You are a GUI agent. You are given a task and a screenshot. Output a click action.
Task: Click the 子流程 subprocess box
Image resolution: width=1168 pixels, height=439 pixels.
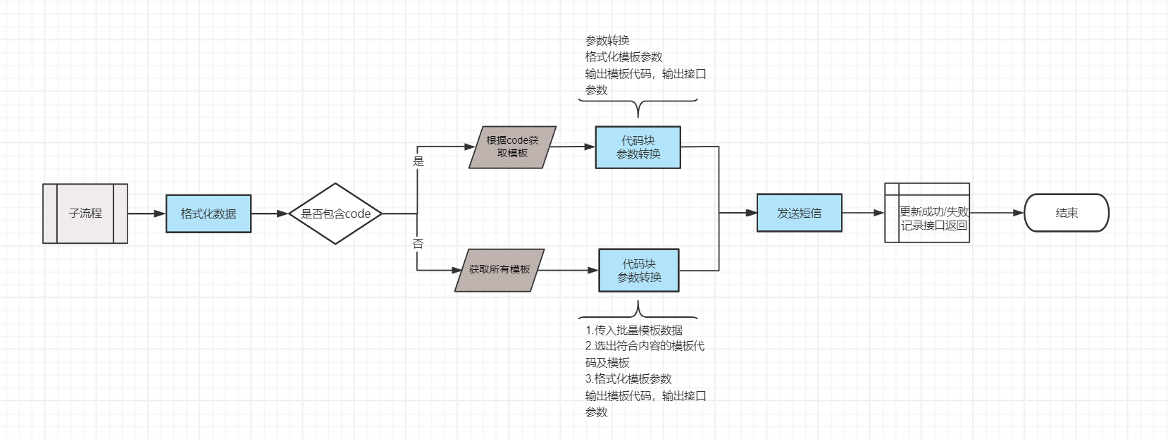click(x=85, y=214)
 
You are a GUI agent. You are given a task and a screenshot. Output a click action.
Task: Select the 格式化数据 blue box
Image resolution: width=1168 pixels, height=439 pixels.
click(x=209, y=214)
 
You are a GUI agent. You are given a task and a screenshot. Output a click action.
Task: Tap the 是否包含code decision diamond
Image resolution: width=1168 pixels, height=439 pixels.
click(x=335, y=214)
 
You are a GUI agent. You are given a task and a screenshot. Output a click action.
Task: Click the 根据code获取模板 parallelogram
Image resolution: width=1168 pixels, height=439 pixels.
click(x=513, y=147)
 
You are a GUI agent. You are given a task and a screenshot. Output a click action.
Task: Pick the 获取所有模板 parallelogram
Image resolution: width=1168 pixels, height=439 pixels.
click(x=499, y=270)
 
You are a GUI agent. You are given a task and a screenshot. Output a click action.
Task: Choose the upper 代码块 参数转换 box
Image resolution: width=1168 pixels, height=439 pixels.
click(x=638, y=147)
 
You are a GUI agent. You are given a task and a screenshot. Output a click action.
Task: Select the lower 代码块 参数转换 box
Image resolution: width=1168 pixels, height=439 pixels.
click(x=639, y=271)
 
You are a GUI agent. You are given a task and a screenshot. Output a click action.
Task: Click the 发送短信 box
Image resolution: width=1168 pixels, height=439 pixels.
click(x=800, y=213)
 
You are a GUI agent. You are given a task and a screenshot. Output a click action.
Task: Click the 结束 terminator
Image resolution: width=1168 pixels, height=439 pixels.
click(x=1067, y=213)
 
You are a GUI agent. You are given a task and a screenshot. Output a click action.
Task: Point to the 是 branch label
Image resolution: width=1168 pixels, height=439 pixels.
click(x=418, y=161)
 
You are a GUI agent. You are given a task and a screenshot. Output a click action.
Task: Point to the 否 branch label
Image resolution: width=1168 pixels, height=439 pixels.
click(x=418, y=244)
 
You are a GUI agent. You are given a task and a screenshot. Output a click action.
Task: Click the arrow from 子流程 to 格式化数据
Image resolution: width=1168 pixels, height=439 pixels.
click(x=147, y=214)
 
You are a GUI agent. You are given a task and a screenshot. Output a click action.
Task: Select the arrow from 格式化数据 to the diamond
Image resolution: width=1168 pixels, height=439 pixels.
click(x=270, y=214)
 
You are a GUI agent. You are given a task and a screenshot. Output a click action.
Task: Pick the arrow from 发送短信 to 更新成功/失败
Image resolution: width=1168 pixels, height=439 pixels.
click(x=863, y=213)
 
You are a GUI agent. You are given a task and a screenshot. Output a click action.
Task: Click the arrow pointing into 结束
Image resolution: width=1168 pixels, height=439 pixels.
click(x=997, y=213)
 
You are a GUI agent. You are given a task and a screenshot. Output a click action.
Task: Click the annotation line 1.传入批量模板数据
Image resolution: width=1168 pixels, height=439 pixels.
click(x=634, y=330)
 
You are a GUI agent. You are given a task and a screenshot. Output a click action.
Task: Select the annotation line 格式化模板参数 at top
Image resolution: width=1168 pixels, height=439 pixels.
click(x=623, y=57)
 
